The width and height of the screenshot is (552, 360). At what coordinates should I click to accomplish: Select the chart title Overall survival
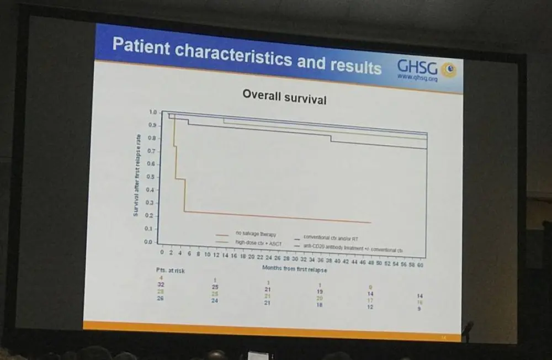284,98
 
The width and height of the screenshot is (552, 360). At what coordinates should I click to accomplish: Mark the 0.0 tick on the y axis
148,242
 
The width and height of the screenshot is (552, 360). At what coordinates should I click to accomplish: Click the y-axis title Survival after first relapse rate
136,176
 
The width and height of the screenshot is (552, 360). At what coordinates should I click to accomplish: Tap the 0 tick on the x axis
162,252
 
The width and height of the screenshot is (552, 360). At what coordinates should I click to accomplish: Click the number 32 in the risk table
160,283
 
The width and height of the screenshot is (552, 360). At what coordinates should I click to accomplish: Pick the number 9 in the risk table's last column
419,309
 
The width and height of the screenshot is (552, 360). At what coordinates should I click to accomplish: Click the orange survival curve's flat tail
276,216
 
